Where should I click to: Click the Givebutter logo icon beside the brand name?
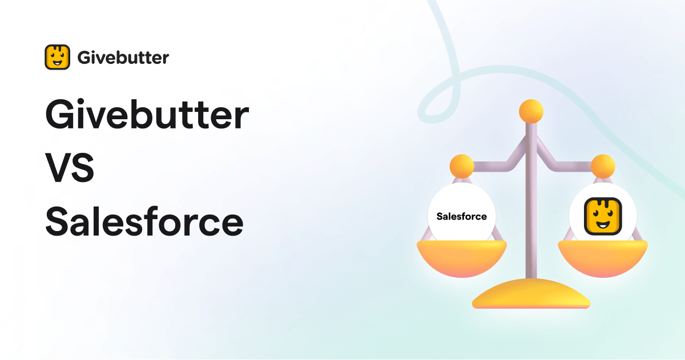pos(57,57)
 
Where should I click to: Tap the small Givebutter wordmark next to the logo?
pos(123,58)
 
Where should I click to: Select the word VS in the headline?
pos(70,170)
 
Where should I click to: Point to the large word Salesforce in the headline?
pos(144,223)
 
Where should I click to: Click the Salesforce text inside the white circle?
pos(462,216)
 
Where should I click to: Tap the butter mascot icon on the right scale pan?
pos(603,217)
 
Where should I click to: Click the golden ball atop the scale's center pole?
pos(531,110)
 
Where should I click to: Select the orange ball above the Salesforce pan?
pos(462,166)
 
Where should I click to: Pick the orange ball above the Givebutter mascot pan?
pos(603,166)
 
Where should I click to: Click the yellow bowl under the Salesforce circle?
pos(462,257)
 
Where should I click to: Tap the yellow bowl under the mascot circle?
pos(603,257)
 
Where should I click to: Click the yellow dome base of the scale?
pos(531,294)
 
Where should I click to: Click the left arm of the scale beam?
pos(497,163)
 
